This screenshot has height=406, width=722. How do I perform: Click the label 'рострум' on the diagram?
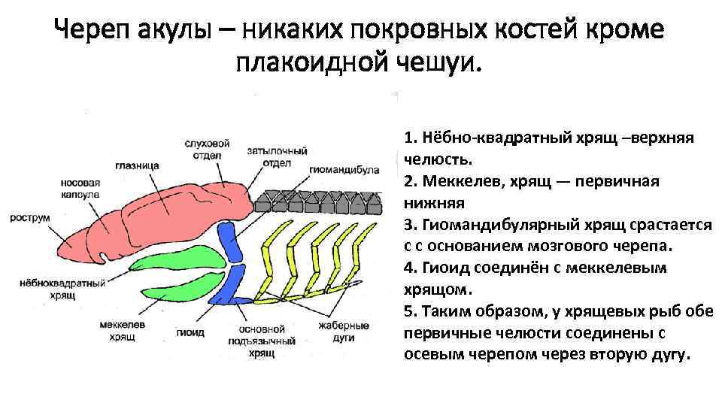pos(30,217)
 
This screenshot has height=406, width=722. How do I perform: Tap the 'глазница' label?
pos(133,167)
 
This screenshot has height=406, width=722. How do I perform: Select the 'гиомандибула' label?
pos(342,170)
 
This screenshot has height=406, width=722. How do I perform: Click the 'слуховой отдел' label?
pos(208,150)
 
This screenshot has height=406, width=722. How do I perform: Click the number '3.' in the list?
pos(409,225)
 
